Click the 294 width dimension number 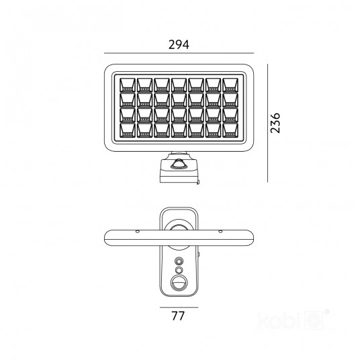pos(179,44)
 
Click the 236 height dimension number pos(275,123)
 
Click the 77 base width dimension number pos(178,316)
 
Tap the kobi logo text pos(279,320)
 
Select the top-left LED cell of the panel pos(128,85)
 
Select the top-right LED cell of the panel pos(230,85)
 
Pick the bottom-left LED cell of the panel pos(128,130)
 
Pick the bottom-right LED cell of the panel pos(230,130)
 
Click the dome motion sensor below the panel pos(179,164)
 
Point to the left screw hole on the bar pos(138,232)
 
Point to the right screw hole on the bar pos(220,232)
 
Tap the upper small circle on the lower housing pos(179,261)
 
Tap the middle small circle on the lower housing pos(179,270)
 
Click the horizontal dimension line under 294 pos(179,53)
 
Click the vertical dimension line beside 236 pos(268,123)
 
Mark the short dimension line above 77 pos(179,307)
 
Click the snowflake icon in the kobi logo pos(314,320)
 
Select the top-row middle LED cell pos(179,85)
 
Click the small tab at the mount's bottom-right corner pos(198,182)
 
